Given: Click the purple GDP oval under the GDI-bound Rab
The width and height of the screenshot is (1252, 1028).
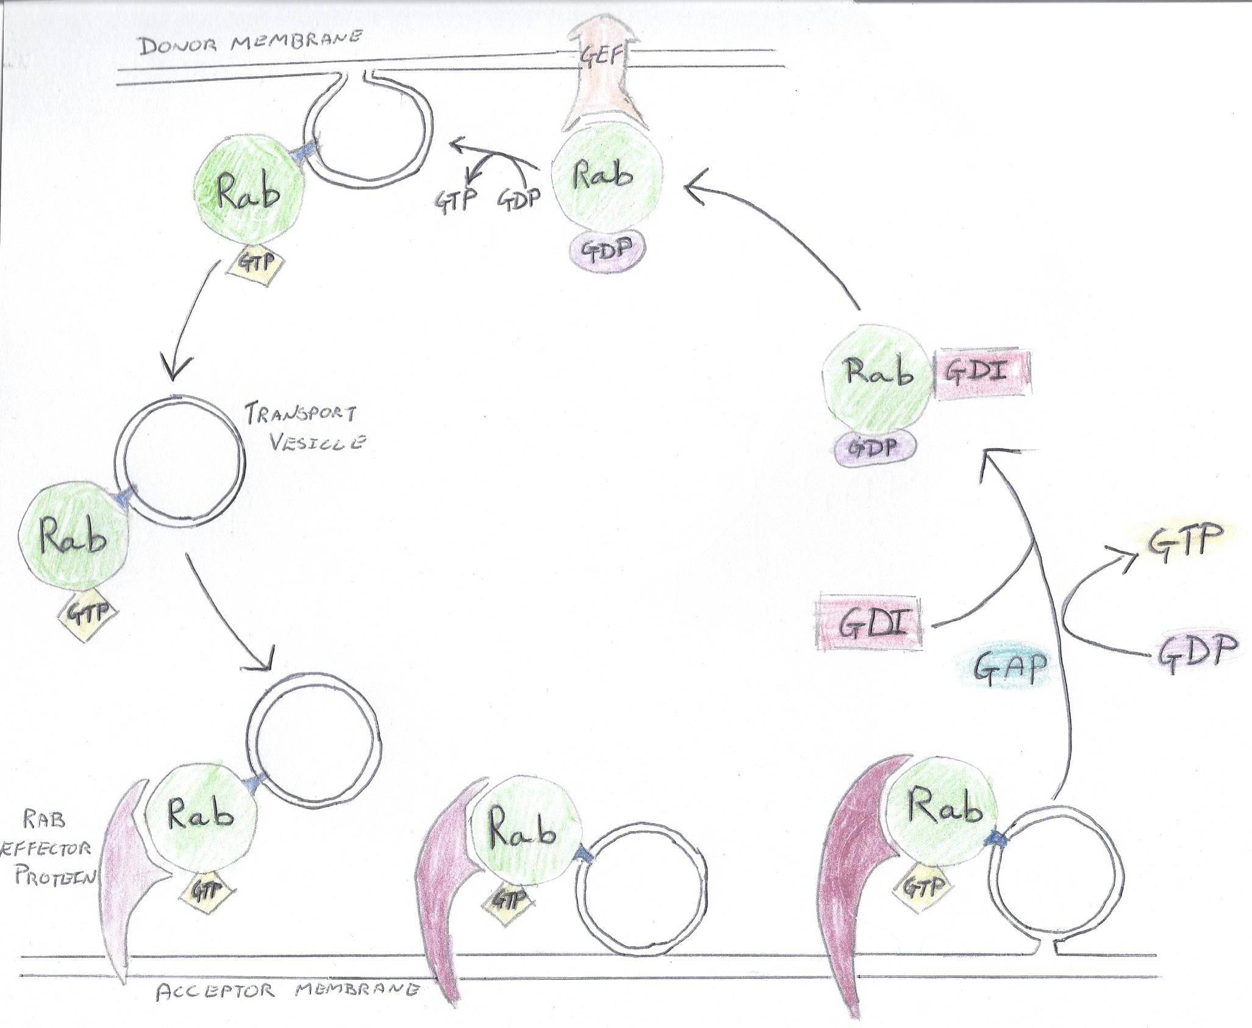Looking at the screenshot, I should (x=875, y=449).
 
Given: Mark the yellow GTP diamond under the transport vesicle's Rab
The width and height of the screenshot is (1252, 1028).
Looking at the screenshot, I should (x=88, y=613).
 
